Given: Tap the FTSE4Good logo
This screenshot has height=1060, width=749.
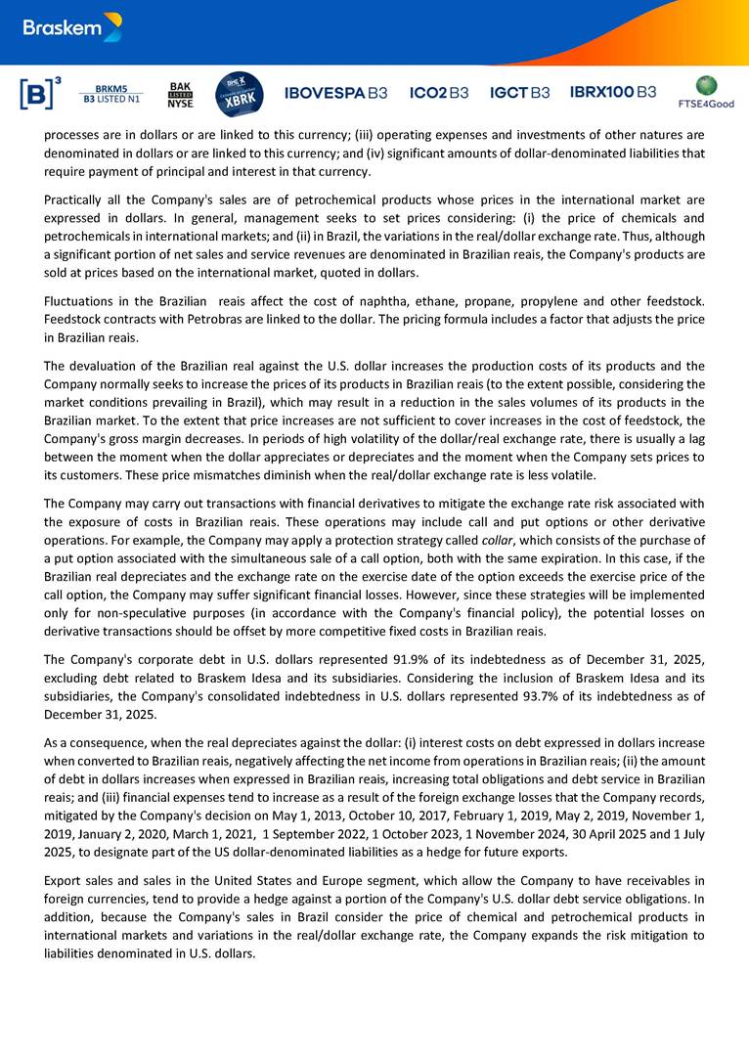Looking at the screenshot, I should [x=706, y=92].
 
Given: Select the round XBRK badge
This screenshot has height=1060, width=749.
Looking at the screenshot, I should [x=239, y=93].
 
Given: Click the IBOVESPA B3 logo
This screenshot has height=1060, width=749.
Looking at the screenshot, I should [x=335, y=93].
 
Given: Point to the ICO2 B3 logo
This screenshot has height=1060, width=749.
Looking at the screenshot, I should [x=439, y=93].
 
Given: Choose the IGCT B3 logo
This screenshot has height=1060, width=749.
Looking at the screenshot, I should [x=519, y=93].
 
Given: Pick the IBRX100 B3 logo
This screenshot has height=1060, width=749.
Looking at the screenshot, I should [x=613, y=93].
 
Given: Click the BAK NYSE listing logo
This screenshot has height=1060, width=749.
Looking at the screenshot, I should [x=180, y=94].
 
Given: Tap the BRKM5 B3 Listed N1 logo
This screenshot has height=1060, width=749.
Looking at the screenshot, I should [x=110, y=94].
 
